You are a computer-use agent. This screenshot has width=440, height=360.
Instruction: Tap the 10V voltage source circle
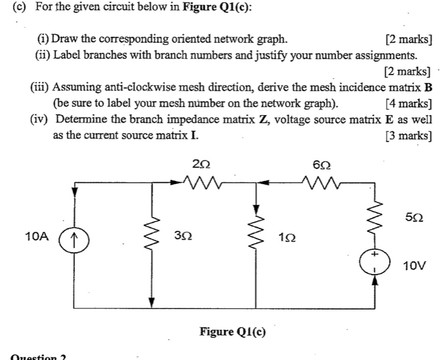374,261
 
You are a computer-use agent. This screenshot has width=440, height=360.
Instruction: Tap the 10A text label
37,236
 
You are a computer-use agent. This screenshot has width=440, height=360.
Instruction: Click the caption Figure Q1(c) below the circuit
233,332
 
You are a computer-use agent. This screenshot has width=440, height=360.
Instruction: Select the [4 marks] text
408,103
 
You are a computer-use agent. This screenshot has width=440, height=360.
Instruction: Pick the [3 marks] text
408,135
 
